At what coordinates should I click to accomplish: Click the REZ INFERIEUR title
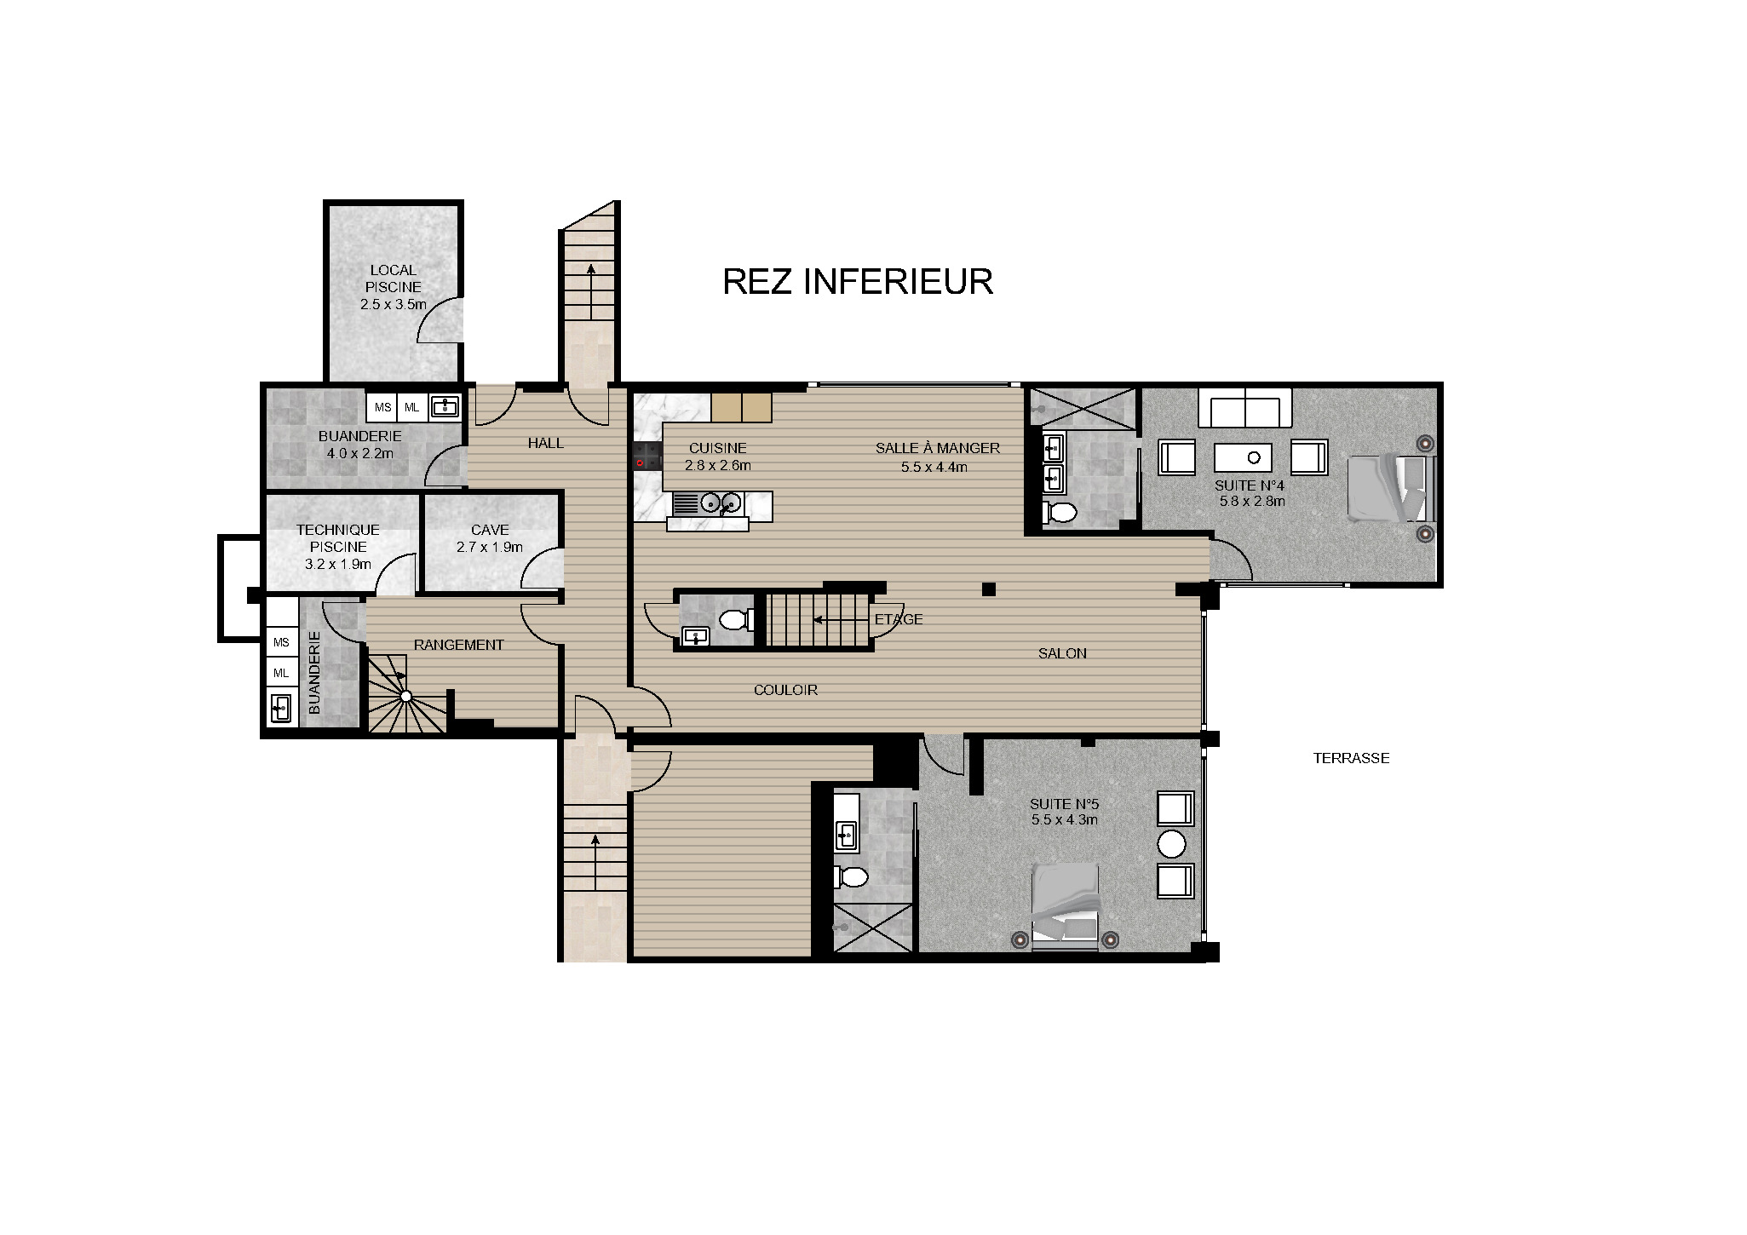[x=857, y=282]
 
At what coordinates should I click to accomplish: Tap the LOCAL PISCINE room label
[x=393, y=279]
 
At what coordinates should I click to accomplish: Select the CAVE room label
[x=490, y=530]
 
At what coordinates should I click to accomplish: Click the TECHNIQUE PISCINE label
[x=338, y=538]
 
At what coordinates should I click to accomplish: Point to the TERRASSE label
[x=1351, y=758]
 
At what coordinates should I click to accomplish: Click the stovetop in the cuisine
[x=647, y=456]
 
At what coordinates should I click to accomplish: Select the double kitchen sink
[x=721, y=503]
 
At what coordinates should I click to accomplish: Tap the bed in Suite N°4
[x=1390, y=488]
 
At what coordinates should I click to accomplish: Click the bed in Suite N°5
[x=1065, y=905]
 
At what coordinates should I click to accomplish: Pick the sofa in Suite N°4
[x=1244, y=408]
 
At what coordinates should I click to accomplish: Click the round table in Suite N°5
[x=1172, y=844]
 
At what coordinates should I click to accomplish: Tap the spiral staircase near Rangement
[x=405, y=696]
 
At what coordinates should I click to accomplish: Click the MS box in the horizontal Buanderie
[x=382, y=407]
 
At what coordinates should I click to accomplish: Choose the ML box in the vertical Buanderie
[x=281, y=673]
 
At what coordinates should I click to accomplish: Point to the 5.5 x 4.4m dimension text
[x=934, y=467]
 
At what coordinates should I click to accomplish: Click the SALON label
[x=1062, y=653]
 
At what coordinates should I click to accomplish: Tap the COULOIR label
[x=785, y=690]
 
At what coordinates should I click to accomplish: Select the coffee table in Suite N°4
[x=1243, y=457]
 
